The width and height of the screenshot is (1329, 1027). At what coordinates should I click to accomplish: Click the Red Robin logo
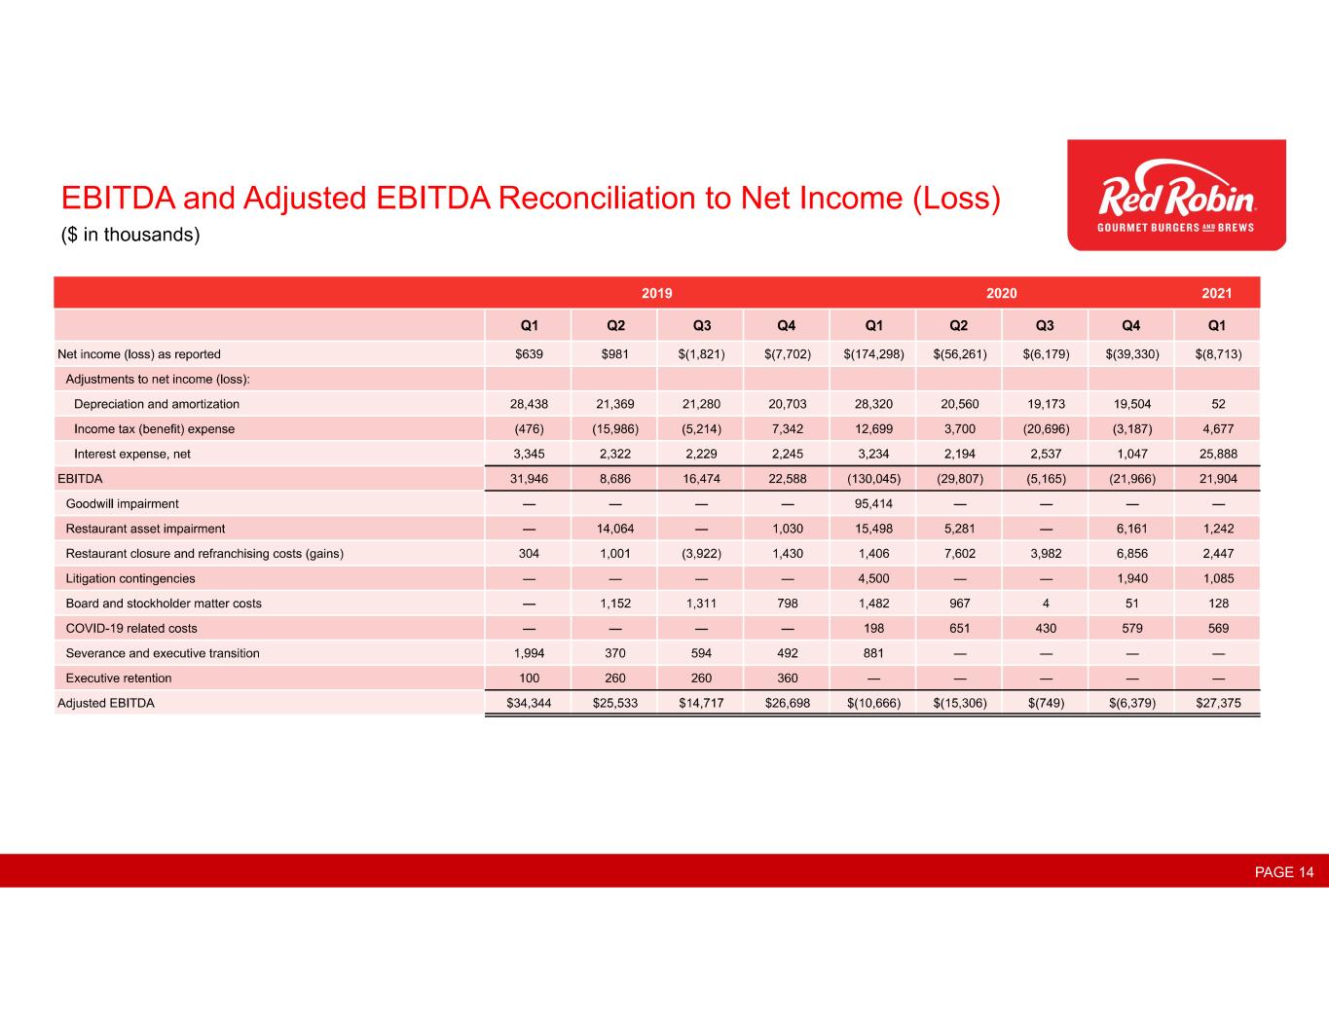tap(1176, 196)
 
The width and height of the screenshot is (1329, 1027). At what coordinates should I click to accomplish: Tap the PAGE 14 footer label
tap(1283, 872)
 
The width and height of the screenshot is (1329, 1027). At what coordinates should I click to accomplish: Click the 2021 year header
tap(1217, 293)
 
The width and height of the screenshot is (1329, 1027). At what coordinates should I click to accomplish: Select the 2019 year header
tap(657, 293)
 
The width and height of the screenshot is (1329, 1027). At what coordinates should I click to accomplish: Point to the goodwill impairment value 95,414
tap(872, 503)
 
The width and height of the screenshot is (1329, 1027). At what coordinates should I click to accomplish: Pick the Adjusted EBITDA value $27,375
tap(1217, 703)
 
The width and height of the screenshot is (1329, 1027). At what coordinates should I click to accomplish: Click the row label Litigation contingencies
tap(129, 578)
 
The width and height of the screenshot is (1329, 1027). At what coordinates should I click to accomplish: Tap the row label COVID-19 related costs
tap(130, 628)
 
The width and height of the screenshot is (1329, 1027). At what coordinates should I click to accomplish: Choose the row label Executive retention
tap(118, 678)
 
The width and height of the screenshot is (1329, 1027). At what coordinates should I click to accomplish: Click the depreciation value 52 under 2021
tap(1217, 404)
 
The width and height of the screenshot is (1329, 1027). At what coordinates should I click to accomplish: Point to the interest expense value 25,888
tap(1217, 454)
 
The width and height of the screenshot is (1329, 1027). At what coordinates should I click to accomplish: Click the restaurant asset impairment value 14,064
tap(615, 529)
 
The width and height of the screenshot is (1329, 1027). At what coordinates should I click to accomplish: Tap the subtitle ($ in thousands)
tap(130, 236)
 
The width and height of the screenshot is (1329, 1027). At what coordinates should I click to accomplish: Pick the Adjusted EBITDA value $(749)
tap(1045, 703)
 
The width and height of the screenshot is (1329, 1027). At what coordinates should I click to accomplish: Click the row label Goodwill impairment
tap(122, 503)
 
